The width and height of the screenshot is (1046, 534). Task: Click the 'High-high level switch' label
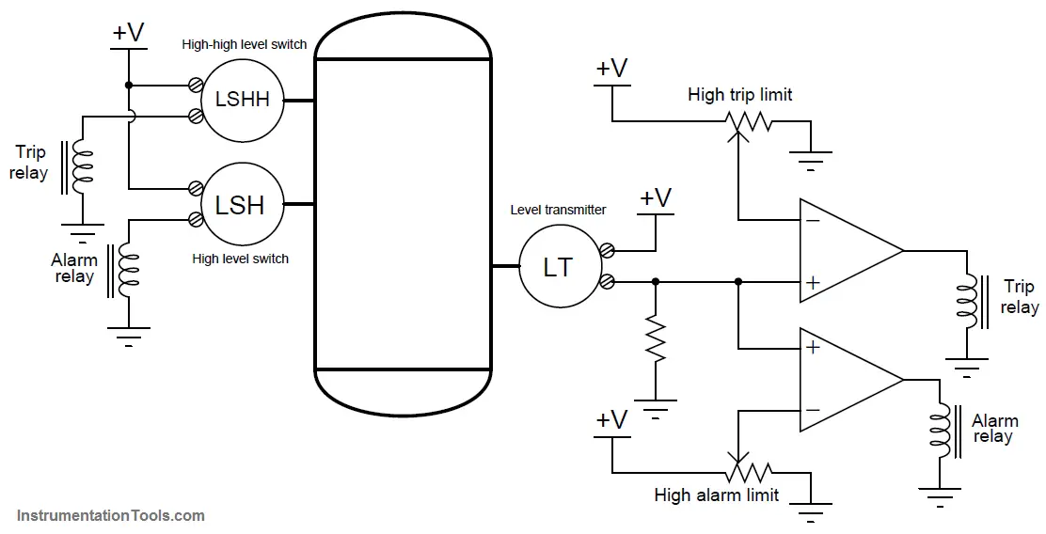coord(245,45)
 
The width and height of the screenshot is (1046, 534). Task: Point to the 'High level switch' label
coord(240,259)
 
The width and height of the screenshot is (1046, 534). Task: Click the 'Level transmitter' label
coord(559,210)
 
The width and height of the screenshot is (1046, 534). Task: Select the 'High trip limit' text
coord(739,94)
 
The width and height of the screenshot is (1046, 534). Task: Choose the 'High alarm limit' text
coord(717,495)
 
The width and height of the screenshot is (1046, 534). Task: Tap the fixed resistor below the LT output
coord(656,339)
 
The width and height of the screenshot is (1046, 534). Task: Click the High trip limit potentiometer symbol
coord(747,122)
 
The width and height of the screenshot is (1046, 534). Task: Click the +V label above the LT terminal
coord(655,198)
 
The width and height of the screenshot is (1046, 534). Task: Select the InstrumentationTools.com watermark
coord(111,515)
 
